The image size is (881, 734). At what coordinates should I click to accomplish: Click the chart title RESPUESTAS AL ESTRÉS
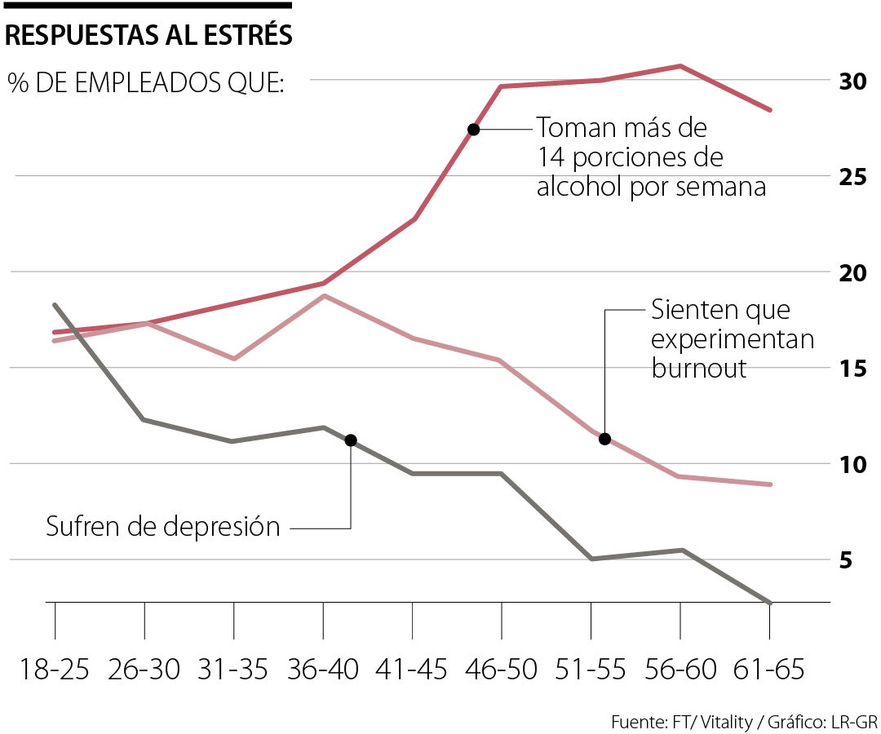[149, 35]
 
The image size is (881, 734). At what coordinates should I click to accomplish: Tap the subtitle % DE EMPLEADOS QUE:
[146, 83]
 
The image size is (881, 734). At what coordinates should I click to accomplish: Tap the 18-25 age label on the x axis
[55, 670]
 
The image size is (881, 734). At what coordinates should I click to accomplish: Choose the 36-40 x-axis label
[323, 670]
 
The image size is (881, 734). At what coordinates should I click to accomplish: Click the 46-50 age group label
[502, 670]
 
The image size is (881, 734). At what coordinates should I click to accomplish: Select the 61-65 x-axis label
[769, 670]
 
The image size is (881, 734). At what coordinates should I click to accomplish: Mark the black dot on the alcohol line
[473, 129]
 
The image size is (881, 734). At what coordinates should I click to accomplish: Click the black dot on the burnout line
[604, 439]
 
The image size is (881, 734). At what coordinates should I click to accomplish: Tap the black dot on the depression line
[351, 440]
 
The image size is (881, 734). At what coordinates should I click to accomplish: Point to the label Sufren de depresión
[163, 527]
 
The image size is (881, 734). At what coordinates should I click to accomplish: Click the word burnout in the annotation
[699, 368]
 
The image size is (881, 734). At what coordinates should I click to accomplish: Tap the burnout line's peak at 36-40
[325, 295]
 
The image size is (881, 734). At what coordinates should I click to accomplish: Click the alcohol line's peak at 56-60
[681, 65]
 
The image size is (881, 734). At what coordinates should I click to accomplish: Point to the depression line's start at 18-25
[55, 305]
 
